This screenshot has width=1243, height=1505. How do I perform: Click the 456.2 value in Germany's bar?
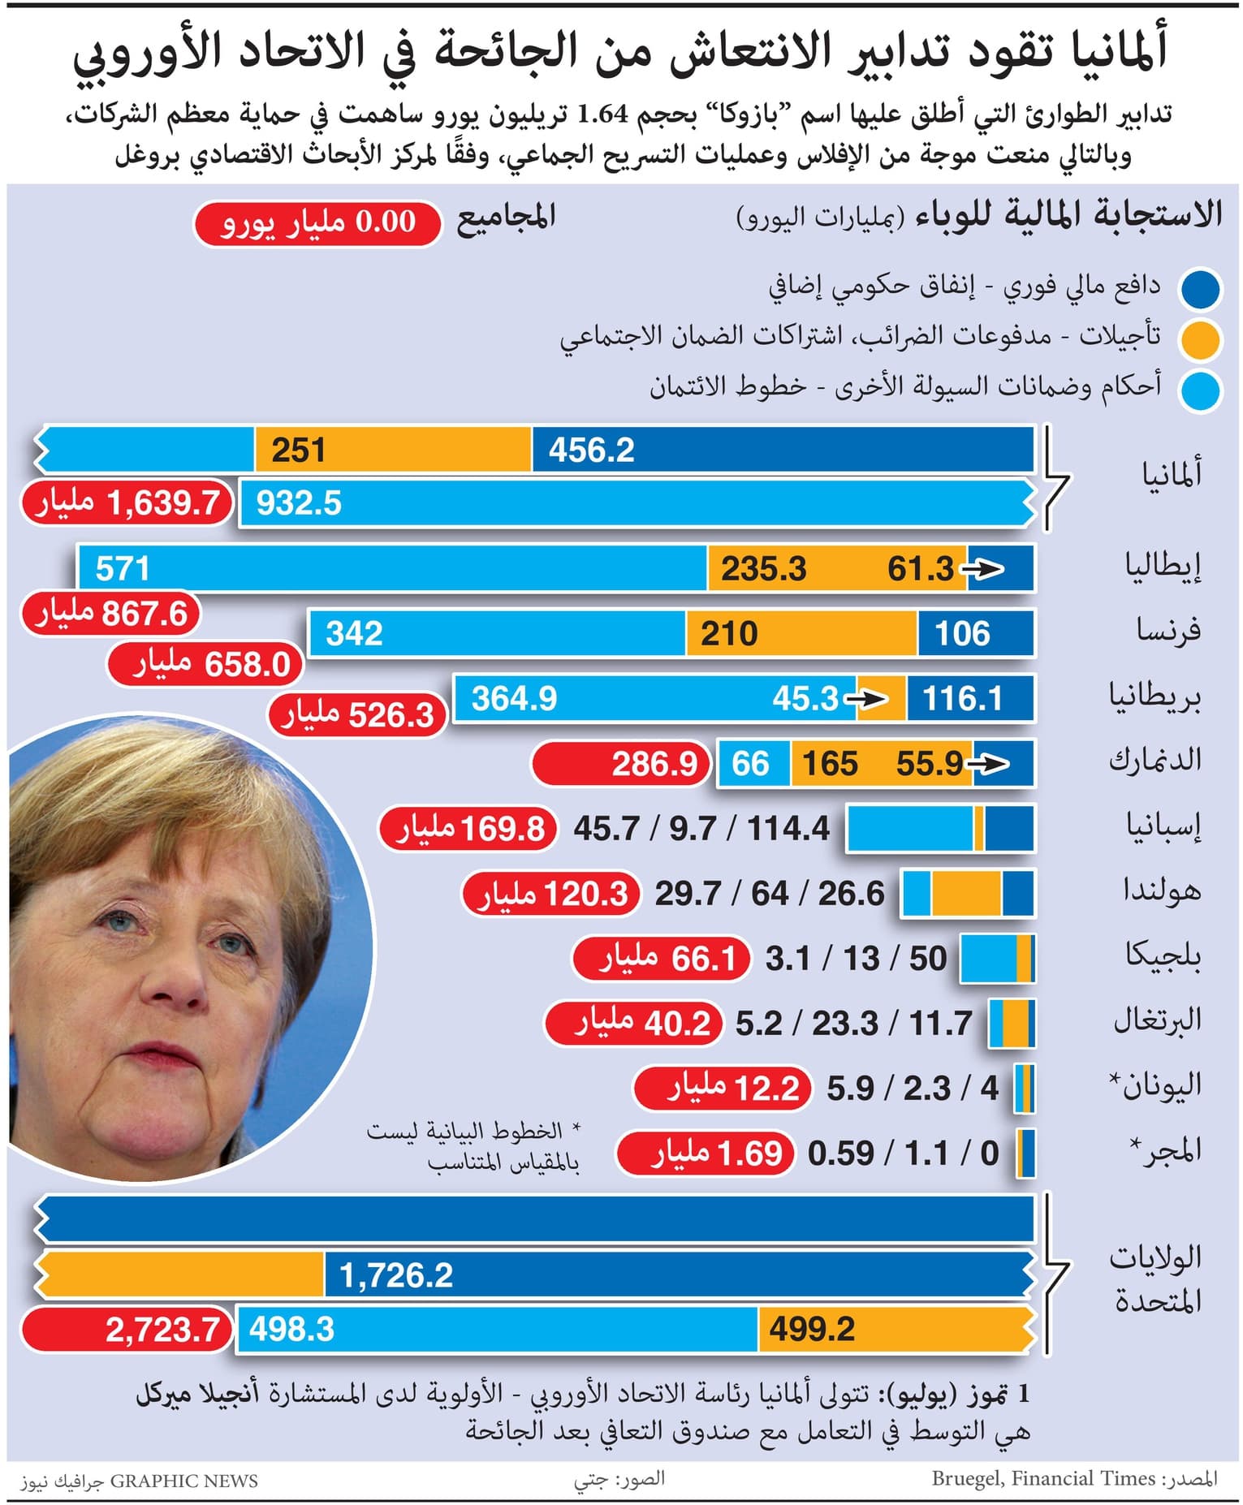pyautogui.click(x=591, y=450)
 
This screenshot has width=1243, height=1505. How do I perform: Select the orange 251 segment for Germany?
pyautogui.click(x=393, y=450)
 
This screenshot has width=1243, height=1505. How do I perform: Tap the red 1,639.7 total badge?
pyautogui.click(x=127, y=503)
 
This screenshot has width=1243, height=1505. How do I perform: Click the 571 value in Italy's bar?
pyautogui.click(x=123, y=568)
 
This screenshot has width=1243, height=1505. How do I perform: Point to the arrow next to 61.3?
pyautogui.click(x=982, y=569)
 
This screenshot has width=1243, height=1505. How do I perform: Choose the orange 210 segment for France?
pyautogui.click(x=801, y=633)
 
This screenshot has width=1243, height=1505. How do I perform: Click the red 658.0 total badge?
pyautogui.click(x=206, y=664)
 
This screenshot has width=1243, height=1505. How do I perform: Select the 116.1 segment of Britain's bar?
pyautogui.click(x=969, y=698)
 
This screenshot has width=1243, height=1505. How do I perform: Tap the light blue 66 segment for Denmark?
pyautogui.click(x=752, y=764)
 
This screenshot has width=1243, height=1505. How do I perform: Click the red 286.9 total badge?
pyautogui.click(x=621, y=764)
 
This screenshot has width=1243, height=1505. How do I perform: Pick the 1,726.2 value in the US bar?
pyautogui.click(x=396, y=1274)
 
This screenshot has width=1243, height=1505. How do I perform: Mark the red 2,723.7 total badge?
pyautogui.click(x=127, y=1330)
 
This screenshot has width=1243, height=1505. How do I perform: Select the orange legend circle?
pyautogui.click(x=1201, y=340)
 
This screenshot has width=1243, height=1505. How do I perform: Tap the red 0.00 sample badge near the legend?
pyautogui.click(x=317, y=222)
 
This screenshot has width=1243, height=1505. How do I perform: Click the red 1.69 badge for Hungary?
pyautogui.click(x=704, y=1154)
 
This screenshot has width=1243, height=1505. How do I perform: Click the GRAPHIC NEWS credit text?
pyautogui.click(x=183, y=1481)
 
